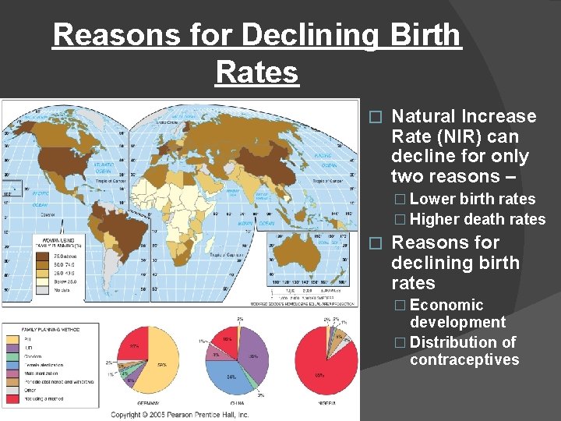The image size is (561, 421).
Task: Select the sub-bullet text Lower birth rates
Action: coord(472,199)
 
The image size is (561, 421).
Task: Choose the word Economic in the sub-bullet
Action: coord(446,305)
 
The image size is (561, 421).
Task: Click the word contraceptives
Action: coord(464,359)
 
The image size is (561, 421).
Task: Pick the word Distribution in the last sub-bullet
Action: coord(454,342)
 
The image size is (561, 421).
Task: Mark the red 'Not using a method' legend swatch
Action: coord(10,399)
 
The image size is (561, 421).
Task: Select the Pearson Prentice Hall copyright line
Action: coord(180,414)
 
